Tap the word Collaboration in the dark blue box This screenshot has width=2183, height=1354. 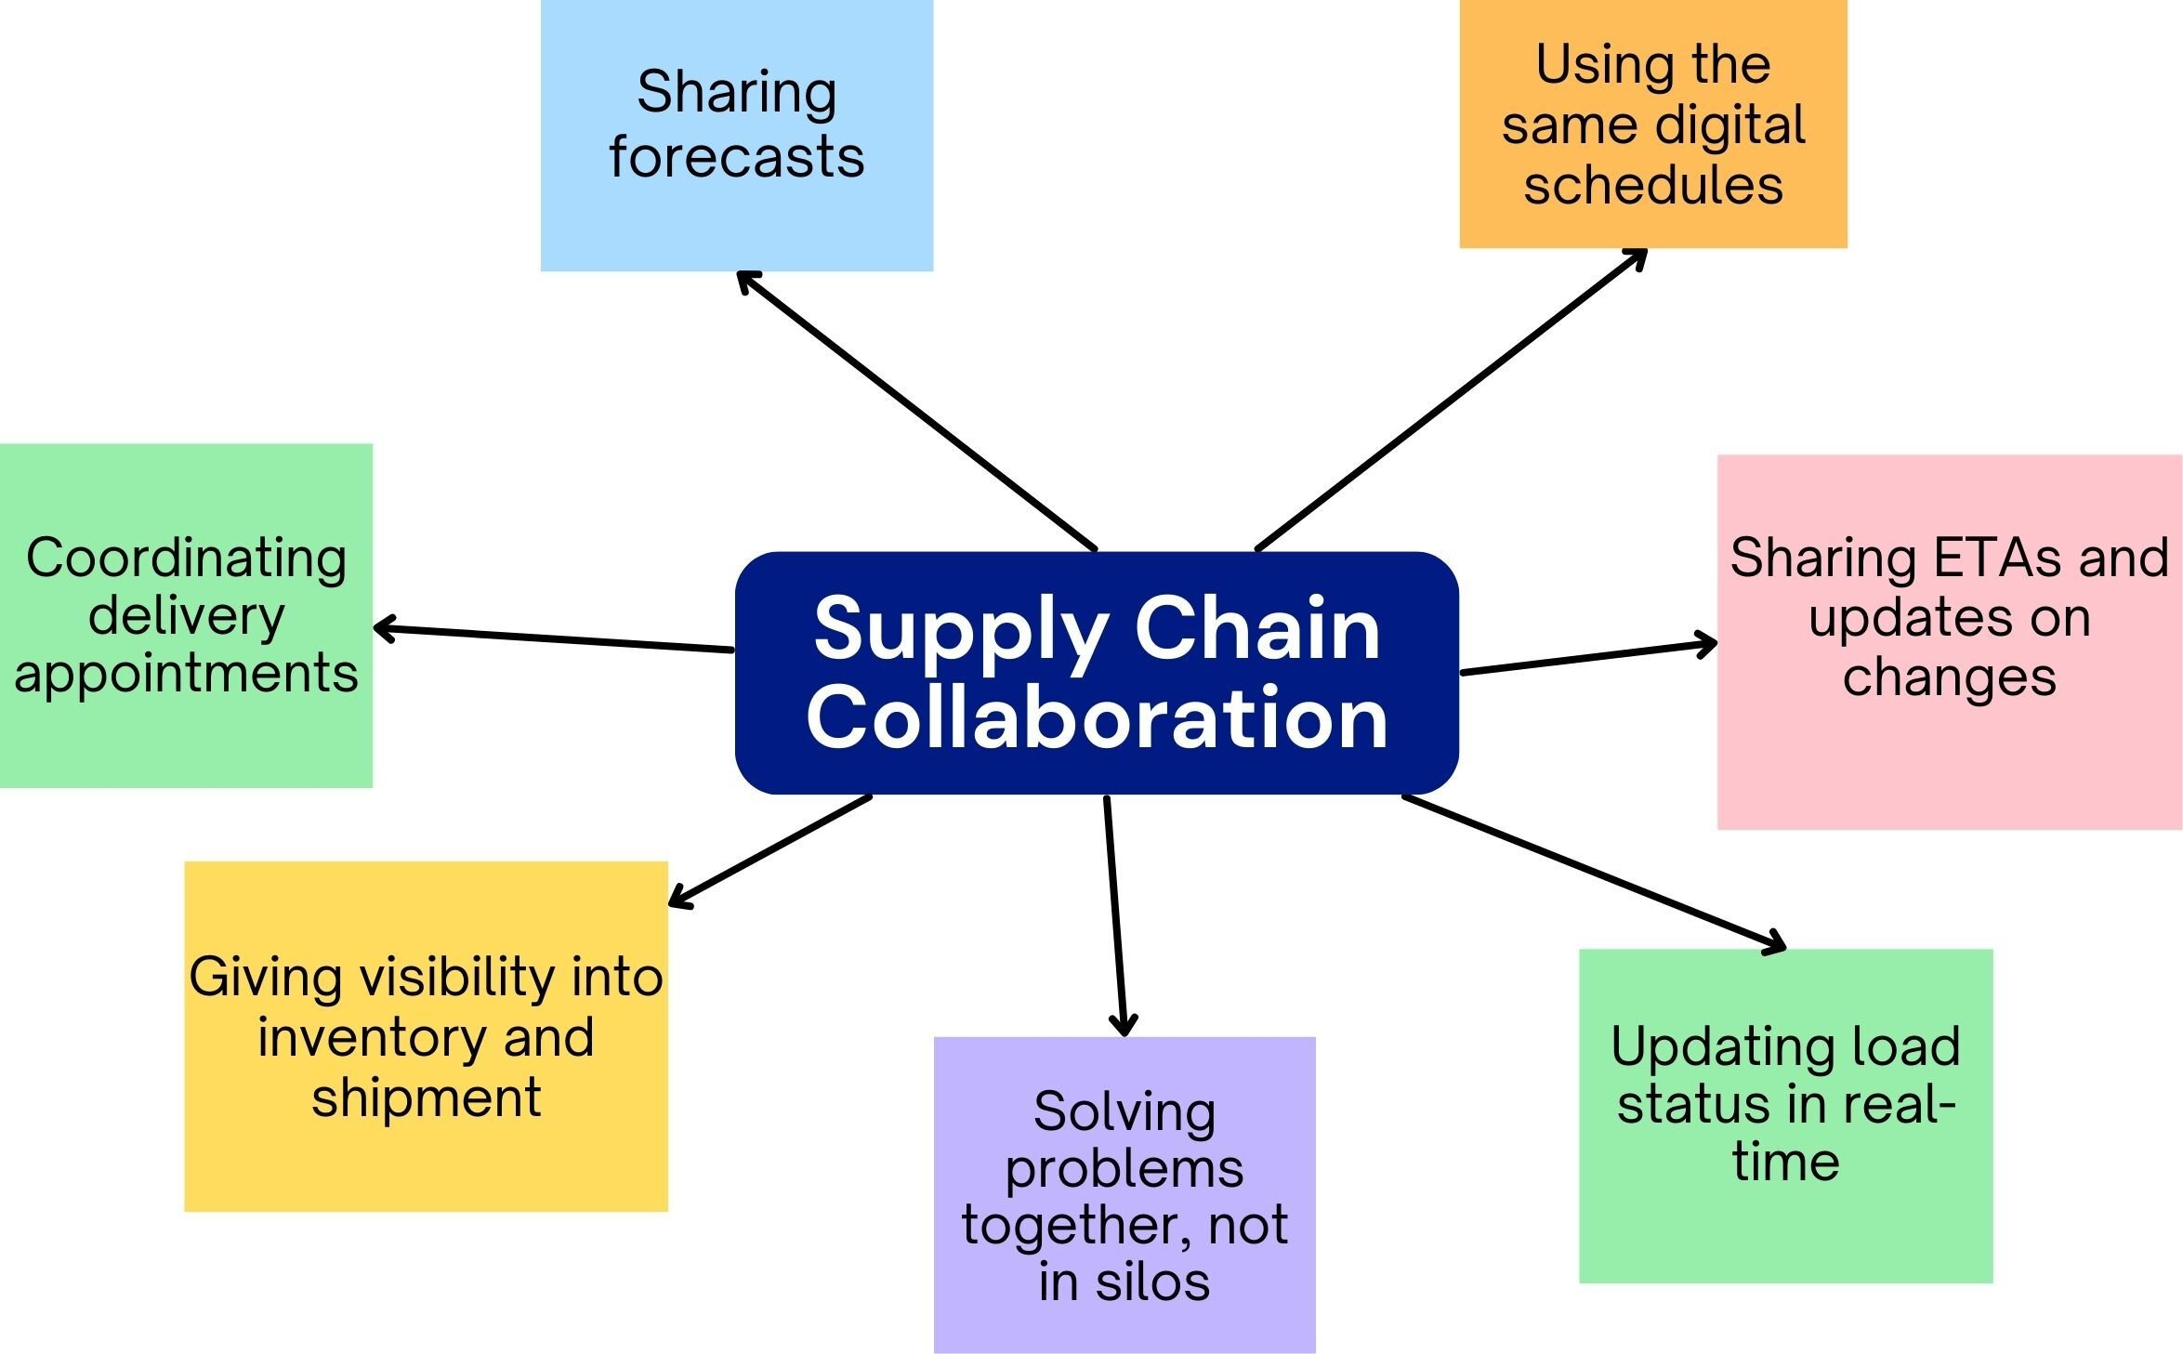click(1097, 718)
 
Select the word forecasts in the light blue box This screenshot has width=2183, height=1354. click(736, 157)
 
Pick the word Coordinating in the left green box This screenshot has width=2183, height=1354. click(186, 559)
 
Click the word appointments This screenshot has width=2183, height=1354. click(186, 674)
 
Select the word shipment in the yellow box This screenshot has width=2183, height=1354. click(426, 1098)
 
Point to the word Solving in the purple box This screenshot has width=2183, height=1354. click(1124, 1111)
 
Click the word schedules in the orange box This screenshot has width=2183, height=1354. click(1653, 185)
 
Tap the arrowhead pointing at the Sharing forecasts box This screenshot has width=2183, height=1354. click(743, 277)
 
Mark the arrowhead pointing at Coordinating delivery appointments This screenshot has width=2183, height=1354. click(382, 629)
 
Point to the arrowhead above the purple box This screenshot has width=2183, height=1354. click(1124, 1027)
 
